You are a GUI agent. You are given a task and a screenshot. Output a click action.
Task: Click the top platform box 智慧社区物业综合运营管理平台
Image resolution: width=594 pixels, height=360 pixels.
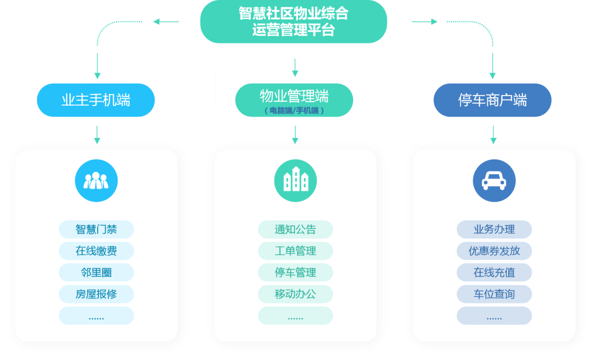(x=293, y=21)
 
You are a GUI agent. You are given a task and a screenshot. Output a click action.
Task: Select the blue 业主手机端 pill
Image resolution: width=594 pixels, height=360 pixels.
(x=96, y=100)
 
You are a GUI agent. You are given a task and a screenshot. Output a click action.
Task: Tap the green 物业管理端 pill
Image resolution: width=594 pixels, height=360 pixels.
(x=294, y=97)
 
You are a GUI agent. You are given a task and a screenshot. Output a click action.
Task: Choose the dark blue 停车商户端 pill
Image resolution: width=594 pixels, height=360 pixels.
(x=492, y=100)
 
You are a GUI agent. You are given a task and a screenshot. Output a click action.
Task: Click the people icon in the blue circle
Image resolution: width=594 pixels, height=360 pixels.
(x=96, y=181)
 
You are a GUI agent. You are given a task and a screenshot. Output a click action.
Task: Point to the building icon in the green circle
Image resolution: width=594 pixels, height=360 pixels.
(x=295, y=181)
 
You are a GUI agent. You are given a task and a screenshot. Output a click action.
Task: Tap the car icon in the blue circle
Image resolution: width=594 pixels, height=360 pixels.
(x=494, y=181)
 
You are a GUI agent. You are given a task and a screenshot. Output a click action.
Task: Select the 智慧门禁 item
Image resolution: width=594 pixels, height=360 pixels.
(x=96, y=229)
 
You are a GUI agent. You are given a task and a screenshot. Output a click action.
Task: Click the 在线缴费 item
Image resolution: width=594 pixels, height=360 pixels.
(x=96, y=251)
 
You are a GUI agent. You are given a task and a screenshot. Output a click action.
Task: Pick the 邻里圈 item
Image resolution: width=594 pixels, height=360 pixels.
(x=96, y=273)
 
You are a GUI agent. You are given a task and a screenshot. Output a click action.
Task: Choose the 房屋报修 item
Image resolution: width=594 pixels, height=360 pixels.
(x=96, y=294)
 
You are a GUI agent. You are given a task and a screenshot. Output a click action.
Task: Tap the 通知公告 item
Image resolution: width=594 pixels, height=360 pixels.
(x=295, y=229)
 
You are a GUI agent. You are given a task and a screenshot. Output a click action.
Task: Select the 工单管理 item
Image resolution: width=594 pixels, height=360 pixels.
(x=295, y=251)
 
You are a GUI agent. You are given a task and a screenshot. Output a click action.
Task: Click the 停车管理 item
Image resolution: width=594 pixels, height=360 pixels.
(x=295, y=273)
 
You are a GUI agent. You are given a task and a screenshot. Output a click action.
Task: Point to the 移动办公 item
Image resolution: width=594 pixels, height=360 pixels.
(x=295, y=294)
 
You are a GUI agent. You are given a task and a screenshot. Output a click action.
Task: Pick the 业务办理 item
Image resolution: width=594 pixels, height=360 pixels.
(x=494, y=229)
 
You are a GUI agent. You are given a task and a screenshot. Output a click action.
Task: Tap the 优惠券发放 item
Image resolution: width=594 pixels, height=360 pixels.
(x=494, y=251)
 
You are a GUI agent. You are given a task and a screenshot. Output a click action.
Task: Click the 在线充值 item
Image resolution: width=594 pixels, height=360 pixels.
(x=494, y=273)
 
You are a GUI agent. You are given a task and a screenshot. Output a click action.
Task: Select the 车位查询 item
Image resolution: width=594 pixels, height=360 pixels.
(x=494, y=294)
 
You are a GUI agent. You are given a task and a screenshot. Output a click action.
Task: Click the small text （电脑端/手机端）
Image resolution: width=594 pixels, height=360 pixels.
(x=294, y=110)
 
